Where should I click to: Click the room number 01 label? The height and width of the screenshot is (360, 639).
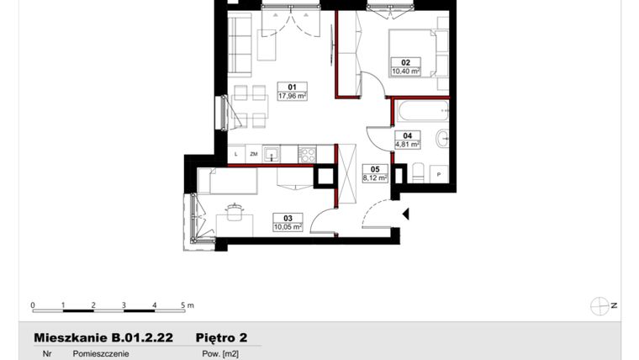coord(293,87)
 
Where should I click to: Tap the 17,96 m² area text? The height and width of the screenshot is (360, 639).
coord(293,96)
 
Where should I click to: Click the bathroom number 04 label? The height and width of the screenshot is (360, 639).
coord(407,135)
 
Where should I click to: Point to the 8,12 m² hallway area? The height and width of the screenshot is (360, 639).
coord(374,177)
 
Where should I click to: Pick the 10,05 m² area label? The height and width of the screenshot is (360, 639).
coord(285,225)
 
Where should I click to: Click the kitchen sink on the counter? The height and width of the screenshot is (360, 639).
coord(271,154)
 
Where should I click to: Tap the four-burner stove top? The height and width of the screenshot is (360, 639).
coord(307,154)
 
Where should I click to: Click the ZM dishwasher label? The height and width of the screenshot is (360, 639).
coord(252,155)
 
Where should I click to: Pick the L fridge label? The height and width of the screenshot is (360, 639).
coord(236,155)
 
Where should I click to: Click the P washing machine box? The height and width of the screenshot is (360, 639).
coord(438,173)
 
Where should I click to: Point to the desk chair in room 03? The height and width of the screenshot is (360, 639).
coord(235,209)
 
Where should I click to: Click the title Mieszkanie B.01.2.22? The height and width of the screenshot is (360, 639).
coord(103,337)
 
